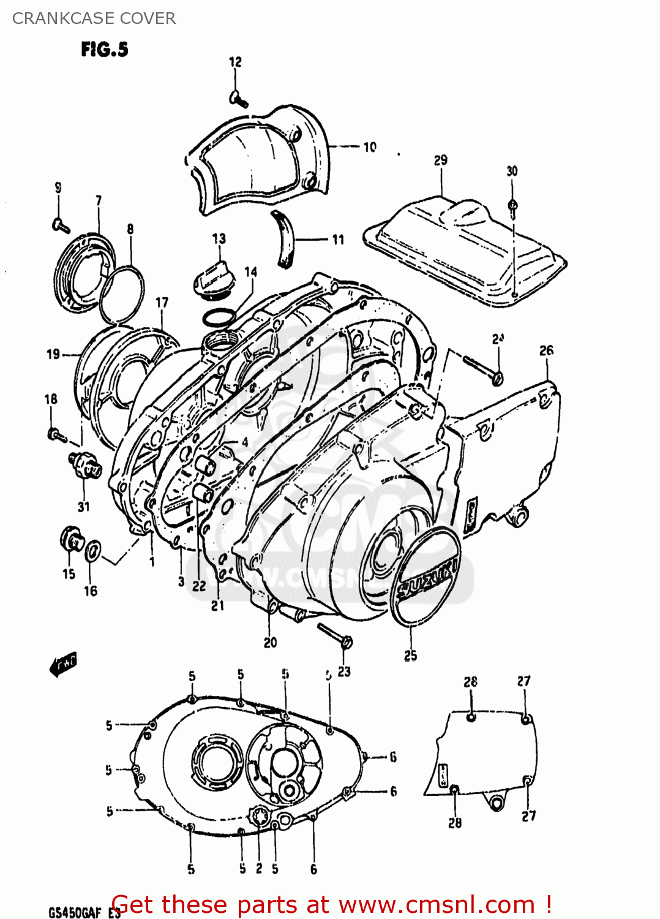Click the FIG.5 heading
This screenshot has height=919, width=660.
click(x=105, y=50)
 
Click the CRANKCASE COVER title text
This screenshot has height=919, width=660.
click(x=94, y=18)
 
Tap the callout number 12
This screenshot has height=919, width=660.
click(x=235, y=62)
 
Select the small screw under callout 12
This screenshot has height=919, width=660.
click(x=238, y=99)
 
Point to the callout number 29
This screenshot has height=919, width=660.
click(x=440, y=161)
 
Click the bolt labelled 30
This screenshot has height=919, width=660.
click(x=513, y=207)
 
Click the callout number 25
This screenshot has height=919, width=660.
click(x=410, y=655)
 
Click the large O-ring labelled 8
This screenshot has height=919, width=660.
click(x=121, y=294)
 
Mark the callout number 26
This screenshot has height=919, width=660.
click(x=546, y=350)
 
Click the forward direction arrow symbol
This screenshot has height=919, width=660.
click(x=63, y=664)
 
